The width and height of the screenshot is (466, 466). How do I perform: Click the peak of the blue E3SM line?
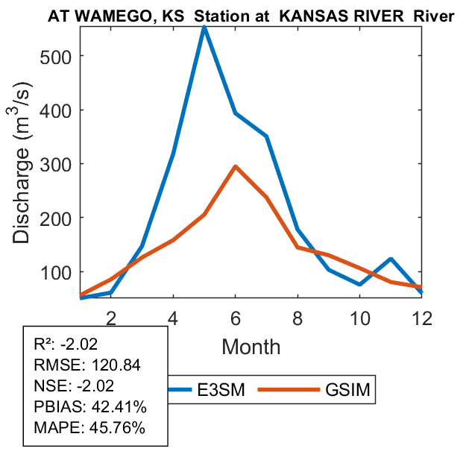point(204,28)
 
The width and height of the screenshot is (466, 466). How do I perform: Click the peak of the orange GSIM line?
point(236,167)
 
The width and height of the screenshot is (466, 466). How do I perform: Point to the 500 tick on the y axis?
point(80,56)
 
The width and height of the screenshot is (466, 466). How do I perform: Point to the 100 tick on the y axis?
point(80,271)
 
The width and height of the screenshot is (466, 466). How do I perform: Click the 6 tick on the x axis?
point(236,297)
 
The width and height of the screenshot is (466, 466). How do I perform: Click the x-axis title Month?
point(251,346)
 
